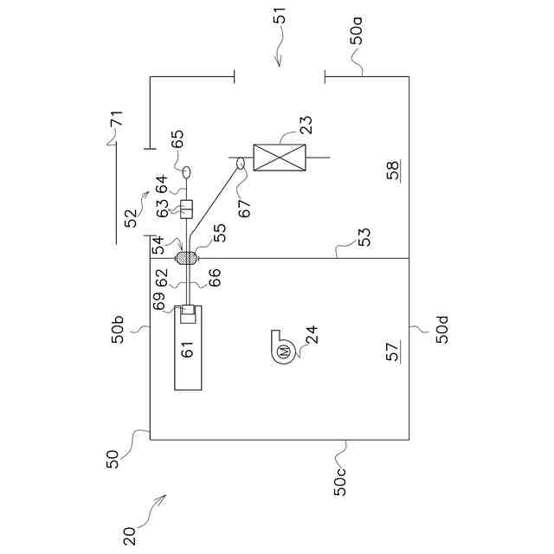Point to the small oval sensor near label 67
coord(242,164)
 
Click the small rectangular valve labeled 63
coord(185,209)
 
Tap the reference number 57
coord(392,352)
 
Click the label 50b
coord(118,332)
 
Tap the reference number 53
coord(364,237)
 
